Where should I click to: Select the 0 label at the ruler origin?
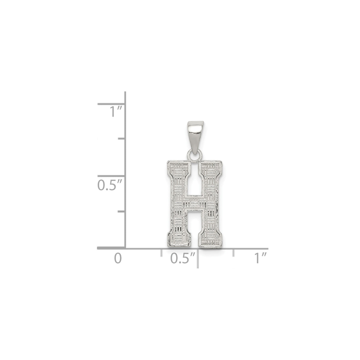118,258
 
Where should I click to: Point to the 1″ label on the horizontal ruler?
260,258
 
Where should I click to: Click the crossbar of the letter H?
194,203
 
